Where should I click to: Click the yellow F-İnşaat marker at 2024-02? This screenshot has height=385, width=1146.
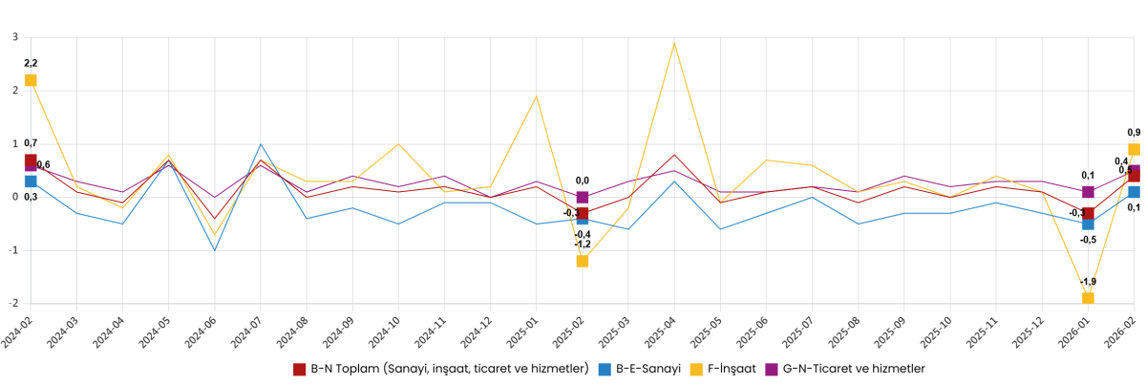(x=31, y=80)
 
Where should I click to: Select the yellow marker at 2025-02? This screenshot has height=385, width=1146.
(x=583, y=261)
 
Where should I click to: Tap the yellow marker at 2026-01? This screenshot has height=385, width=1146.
(x=1088, y=298)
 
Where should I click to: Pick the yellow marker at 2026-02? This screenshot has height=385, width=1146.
(x=1134, y=150)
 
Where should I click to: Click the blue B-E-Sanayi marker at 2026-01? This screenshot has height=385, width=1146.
(x=1088, y=224)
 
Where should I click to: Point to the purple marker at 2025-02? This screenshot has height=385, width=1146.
(x=583, y=198)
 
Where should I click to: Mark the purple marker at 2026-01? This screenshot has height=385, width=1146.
(x=1088, y=192)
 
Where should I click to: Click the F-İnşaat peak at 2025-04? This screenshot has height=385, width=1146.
(x=674, y=43)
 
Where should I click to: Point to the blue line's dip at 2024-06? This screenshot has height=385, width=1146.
(x=215, y=250)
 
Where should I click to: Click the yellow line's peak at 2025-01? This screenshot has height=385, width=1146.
(x=537, y=96)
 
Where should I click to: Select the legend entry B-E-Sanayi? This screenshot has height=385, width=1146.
(x=638, y=368)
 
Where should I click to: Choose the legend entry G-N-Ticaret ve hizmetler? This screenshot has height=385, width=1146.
(x=851, y=368)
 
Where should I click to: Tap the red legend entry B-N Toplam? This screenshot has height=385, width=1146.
(x=440, y=368)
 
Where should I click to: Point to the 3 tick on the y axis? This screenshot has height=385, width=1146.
(x=15, y=37)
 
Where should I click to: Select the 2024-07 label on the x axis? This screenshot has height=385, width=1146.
(x=247, y=330)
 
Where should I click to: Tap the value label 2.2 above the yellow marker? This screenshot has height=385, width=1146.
(x=31, y=63)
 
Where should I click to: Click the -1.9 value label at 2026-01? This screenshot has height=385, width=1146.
(x=1088, y=282)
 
